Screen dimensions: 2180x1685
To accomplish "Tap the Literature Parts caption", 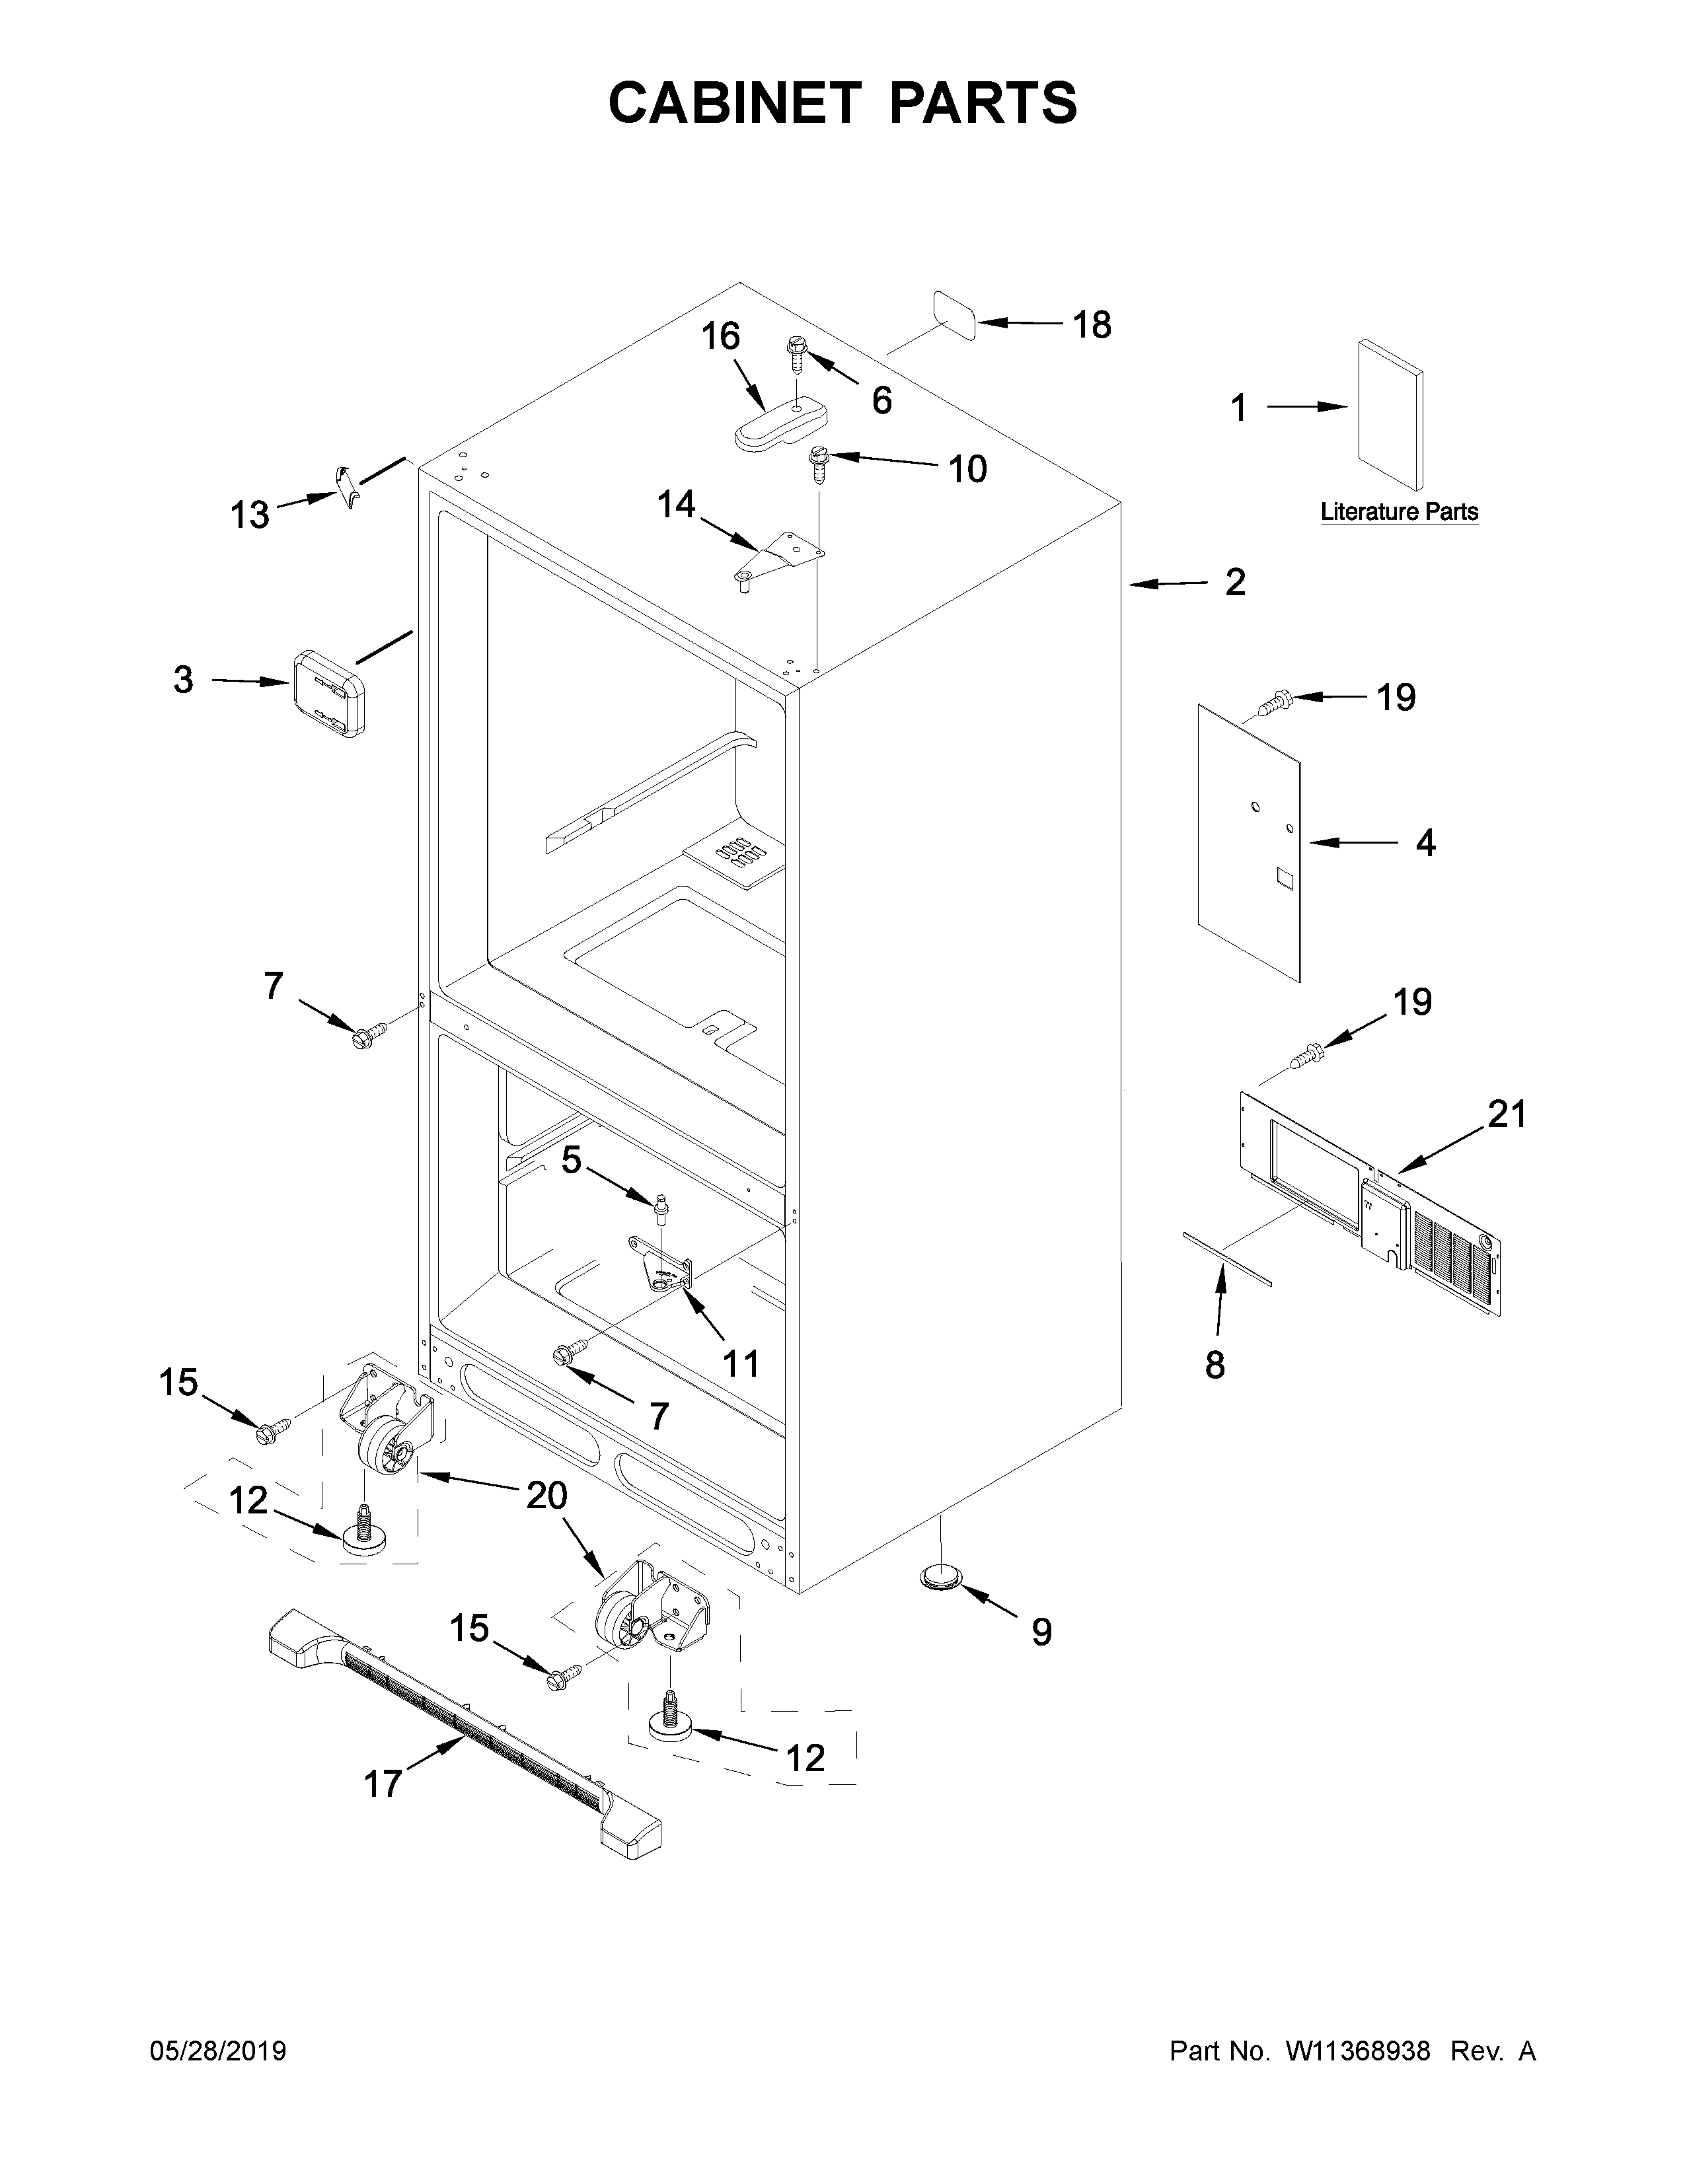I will coord(1398,512).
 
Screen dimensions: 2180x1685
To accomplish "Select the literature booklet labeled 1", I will coord(1390,414).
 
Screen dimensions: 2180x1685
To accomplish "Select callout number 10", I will coord(967,469).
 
